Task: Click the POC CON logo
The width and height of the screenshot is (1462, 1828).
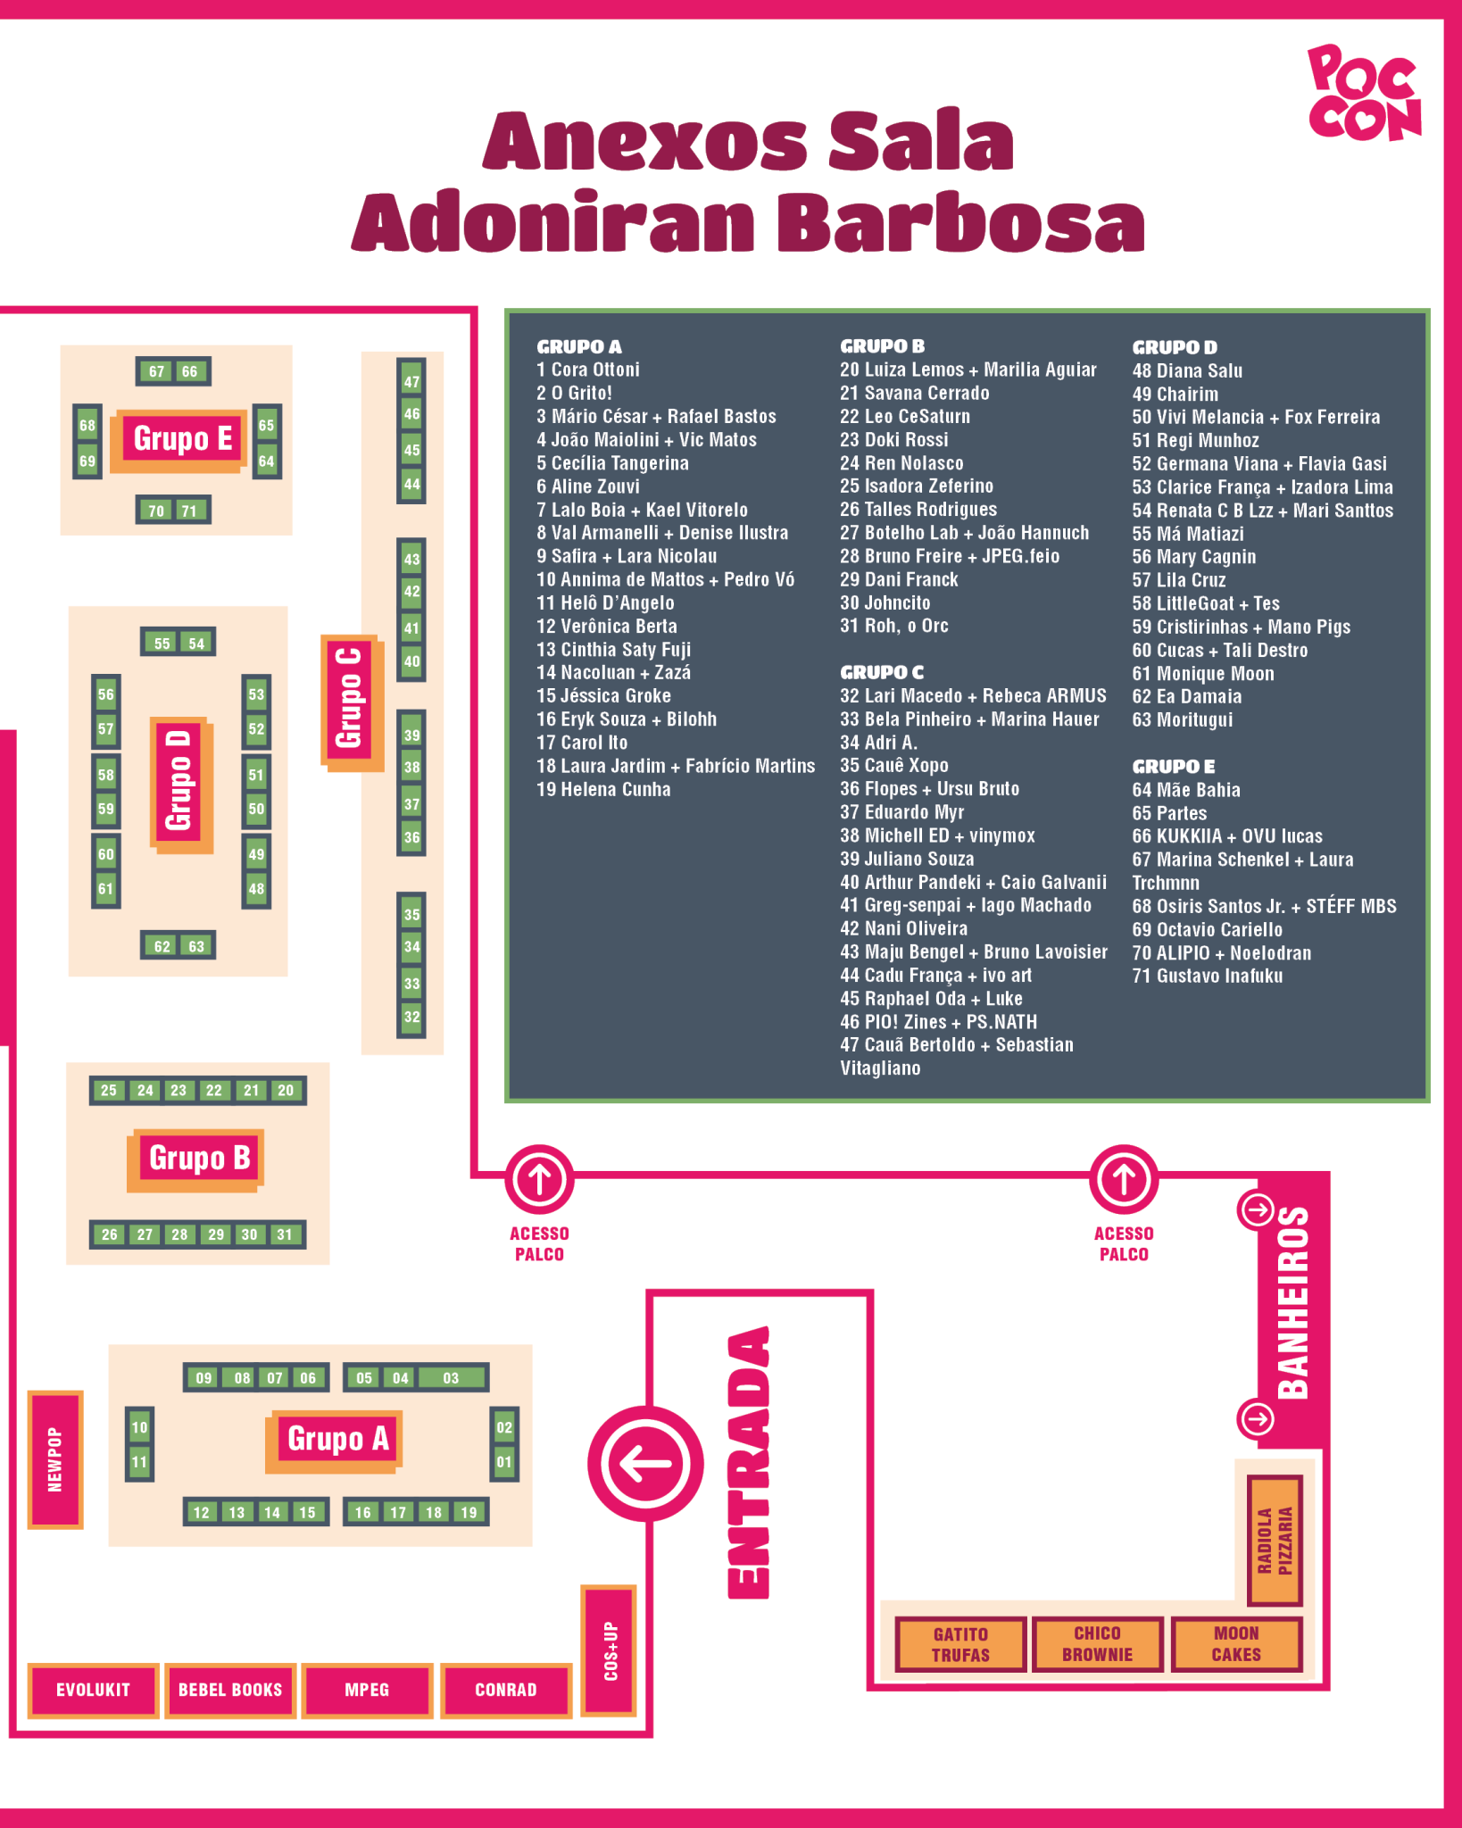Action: (1363, 94)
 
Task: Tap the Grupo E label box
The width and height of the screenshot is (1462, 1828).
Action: (182, 439)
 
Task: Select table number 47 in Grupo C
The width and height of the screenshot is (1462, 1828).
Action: (411, 382)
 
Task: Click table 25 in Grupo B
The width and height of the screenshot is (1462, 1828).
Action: (108, 1090)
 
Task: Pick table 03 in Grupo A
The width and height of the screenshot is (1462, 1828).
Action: (451, 1377)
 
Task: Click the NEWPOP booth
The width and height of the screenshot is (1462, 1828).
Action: (55, 1459)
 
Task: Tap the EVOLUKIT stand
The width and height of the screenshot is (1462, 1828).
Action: (93, 1690)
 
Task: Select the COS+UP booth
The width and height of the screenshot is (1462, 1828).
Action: (610, 1650)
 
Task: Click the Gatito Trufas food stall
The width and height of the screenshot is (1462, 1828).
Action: (960, 1644)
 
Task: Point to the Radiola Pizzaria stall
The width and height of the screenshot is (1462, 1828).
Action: (1275, 1540)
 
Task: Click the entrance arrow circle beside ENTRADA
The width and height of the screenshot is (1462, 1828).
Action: (645, 1464)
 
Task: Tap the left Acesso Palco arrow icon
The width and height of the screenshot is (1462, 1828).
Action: (539, 1179)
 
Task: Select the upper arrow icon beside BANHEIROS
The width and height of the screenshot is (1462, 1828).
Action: (1257, 1210)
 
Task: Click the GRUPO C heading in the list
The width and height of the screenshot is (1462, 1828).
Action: (881, 672)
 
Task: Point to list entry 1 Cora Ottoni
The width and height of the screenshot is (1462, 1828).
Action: (588, 370)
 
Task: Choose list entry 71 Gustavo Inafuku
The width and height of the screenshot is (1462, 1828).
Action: (1207, 976)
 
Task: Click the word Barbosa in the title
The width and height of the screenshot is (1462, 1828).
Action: (960, 223)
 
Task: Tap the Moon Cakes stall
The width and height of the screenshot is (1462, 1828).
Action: (1236, 1643)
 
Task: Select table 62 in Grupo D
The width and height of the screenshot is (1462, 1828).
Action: (162, 946)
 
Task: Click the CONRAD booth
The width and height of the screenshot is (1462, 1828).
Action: (506, 1690)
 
